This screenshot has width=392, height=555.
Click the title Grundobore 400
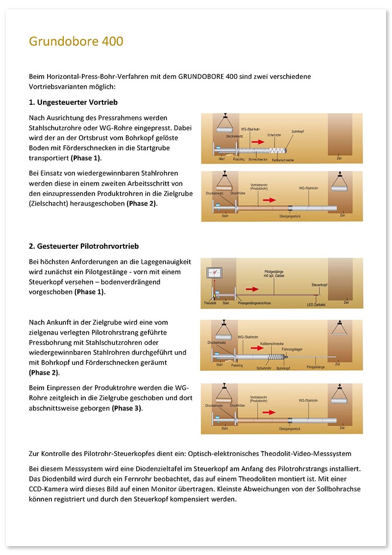pos(76,41)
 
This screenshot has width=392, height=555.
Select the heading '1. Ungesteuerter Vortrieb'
pos(73,102)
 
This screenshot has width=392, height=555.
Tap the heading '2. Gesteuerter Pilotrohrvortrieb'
pos(84,246)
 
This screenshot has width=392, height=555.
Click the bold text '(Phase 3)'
pos(127,408)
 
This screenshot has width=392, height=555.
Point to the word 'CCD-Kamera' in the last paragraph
pos(47,489)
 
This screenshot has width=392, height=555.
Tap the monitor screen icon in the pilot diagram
pos(214,272)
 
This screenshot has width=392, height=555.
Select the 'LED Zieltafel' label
pos(316,304)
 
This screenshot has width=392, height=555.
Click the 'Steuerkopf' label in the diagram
pos(319,285)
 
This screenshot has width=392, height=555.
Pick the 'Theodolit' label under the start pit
pos(210,303)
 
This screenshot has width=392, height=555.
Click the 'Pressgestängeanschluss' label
pos(254,303)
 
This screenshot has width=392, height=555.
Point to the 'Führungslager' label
pos(292,349)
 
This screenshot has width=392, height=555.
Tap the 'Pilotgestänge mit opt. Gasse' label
pos(274,274)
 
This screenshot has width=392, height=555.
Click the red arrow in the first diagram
pos(258,142)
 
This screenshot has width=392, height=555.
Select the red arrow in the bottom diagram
pos(269,412)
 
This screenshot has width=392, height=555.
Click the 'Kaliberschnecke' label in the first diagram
pos(283,160)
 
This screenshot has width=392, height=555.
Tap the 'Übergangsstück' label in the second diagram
pos(290,216)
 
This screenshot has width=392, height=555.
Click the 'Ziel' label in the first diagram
pos(339,158)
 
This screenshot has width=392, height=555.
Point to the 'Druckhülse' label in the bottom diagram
pos(237,405)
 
